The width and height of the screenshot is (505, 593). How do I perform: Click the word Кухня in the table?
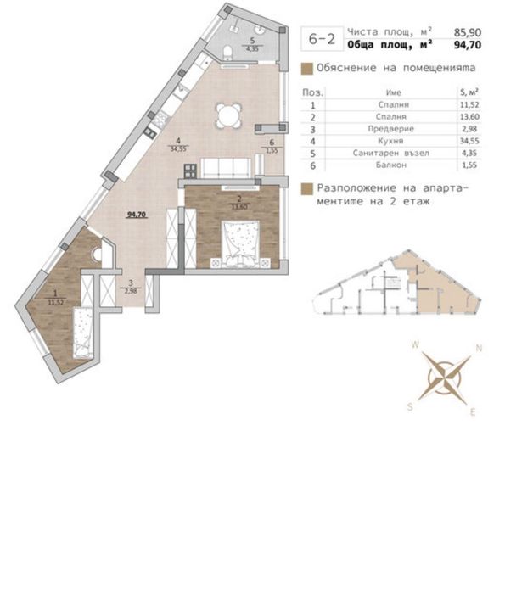pos(392,140)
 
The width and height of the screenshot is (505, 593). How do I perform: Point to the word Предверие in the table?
pos(392,128)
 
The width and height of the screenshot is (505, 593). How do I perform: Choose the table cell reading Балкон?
pos(392,164)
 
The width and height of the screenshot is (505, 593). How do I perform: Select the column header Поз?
pos(312,91)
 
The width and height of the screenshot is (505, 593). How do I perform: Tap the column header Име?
pos(392,91)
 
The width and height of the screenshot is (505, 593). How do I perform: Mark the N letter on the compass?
pos(479,347)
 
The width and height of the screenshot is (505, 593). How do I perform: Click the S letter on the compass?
pos(410,406)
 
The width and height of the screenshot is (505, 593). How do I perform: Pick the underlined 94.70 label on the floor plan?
pos(137,215)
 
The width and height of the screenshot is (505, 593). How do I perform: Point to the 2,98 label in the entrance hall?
pos(130,292)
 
